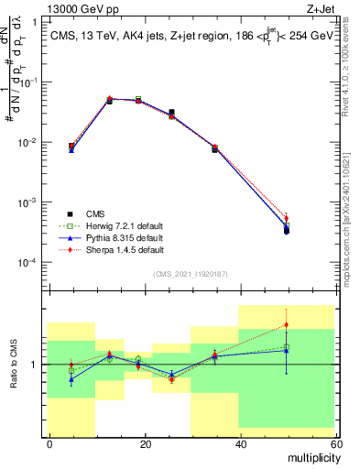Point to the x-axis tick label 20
click(x=144, y=443)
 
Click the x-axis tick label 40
click(x=239, y=443)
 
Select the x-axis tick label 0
click(x=49, y=443)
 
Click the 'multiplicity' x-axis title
click(x=311, y=456)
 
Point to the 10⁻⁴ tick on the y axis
click(x=28, y=263)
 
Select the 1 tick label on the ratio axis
click(x=36, y=365)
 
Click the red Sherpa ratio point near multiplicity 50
click(x=287, y=324)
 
